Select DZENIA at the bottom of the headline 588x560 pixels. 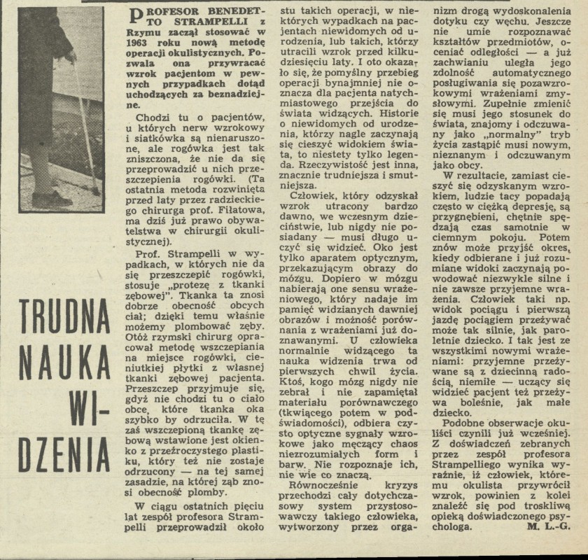(x=64, y=456)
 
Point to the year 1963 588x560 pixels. (x=142, y=41)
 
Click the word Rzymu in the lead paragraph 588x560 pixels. (x=146, y=30)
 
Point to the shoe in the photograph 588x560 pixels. (x=52, y=198)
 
